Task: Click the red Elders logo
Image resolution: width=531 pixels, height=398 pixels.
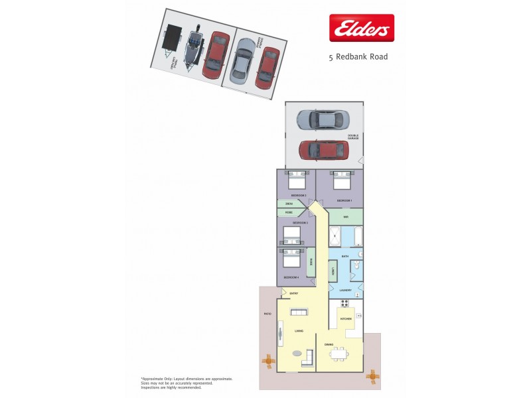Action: point(362,29)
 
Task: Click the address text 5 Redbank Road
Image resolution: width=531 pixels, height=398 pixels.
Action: point(358,57)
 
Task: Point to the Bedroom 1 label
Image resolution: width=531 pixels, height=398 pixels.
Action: point(344,200)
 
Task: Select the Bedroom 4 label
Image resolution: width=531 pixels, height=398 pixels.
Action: point(291,277)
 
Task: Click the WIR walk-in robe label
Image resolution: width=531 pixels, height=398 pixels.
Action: point(346,217)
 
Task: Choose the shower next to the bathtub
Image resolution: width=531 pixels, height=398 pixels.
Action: point(335,235)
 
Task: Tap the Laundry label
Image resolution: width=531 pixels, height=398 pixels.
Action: point(345,290)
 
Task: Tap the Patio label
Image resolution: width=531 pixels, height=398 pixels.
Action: point(268,314)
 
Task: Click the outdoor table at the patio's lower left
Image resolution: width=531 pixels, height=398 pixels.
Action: point(268,362)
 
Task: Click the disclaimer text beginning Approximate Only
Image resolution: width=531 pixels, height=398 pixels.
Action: point(186,383)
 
